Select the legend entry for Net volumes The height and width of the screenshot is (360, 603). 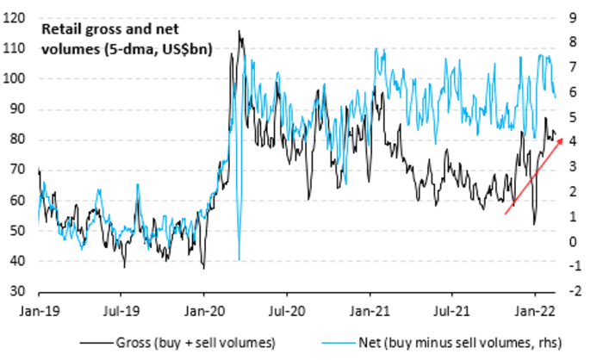435,342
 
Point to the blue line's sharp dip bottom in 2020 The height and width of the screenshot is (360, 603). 239,259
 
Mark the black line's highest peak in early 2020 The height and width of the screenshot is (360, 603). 239,32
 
